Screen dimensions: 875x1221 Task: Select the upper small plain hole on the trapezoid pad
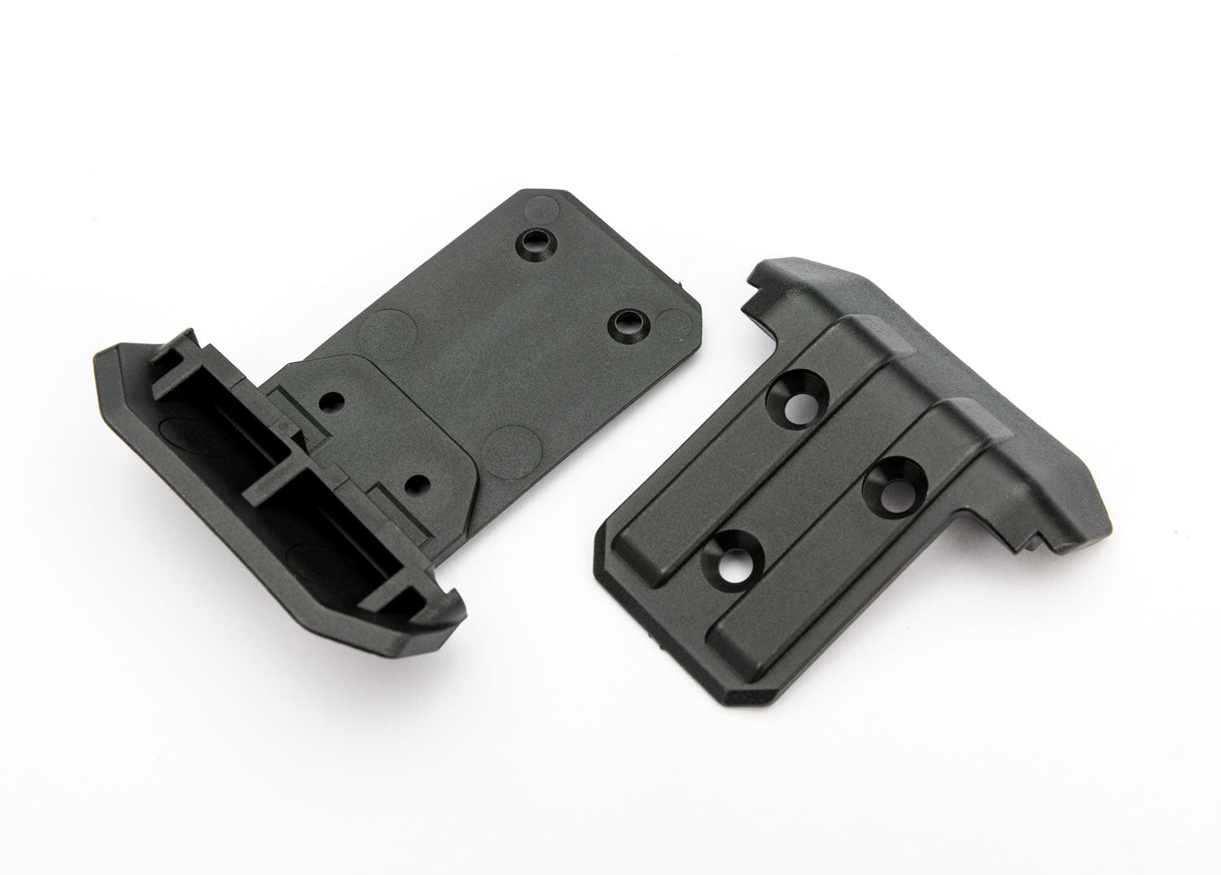point(331,401)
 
